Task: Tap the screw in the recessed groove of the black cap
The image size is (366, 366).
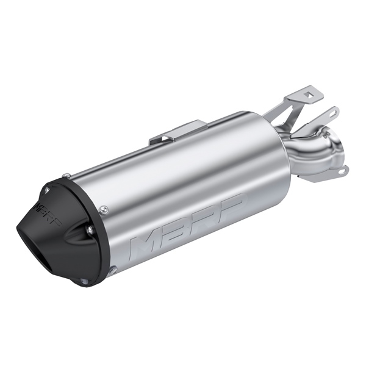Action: point(89,231)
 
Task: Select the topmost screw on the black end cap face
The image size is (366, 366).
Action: point(48,190)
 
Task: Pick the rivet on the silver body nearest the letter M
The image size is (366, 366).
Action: point(103,209)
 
